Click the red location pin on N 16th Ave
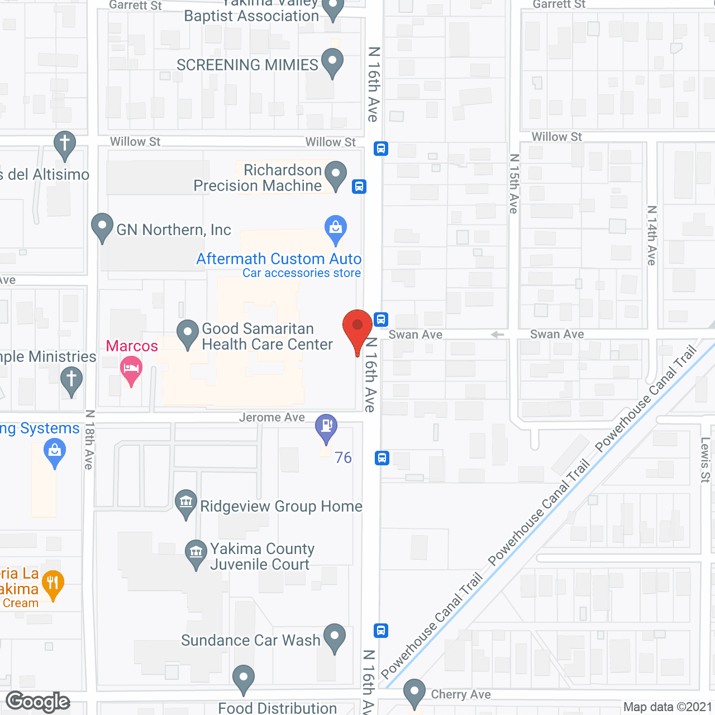click(357, 327)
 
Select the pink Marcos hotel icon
click(131, 370)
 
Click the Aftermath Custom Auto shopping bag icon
click(336, 228)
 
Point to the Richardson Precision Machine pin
click(336, 174)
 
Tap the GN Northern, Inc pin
click(102, 227)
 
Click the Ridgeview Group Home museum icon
click(185, 503)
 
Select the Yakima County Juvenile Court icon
click(196, 553)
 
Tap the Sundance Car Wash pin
click(335, 637)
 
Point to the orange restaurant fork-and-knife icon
click(53, 584)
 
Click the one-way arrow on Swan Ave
click(497, 335)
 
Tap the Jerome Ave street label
click(272, 417)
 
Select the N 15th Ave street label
click(514, 184)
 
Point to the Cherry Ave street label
click(461, 694)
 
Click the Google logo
click(38, 702)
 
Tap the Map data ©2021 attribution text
click(668, 707)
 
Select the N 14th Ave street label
click(651, 235)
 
